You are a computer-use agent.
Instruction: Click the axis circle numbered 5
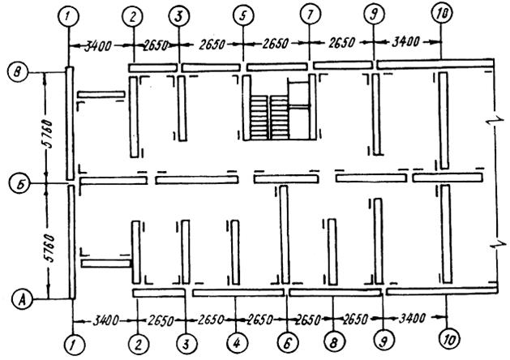click(242, 15)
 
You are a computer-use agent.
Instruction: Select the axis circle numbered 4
click(235, 331)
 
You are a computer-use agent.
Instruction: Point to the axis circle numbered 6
click(285, 331)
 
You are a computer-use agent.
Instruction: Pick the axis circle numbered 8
click(333, 331)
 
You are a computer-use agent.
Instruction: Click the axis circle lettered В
click(17, 73)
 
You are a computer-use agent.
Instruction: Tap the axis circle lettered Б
click(17, 183)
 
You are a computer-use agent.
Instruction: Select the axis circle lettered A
click(17, 300)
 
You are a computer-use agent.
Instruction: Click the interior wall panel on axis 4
click(235, 248)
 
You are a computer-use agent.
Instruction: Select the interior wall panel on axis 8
click(332, 247)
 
